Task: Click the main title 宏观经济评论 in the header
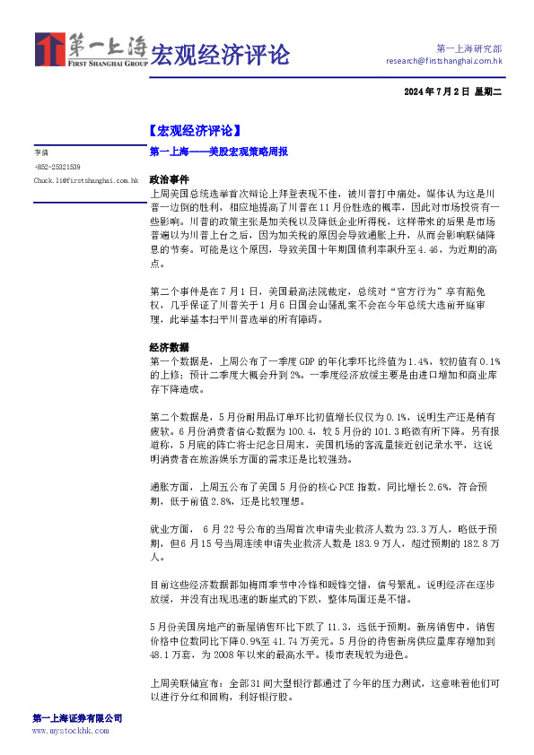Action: pos(220,55)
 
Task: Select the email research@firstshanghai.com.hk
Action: pos(443,61)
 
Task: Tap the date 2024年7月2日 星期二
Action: pos(455,92)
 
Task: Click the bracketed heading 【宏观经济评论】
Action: pos(194,131)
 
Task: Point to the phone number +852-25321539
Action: pos(57,167)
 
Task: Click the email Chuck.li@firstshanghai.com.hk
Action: pos(86,180)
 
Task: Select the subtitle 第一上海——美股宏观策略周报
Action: pos(218,152)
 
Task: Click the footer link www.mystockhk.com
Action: pos(70,731)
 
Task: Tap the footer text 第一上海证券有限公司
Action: pos(77,718)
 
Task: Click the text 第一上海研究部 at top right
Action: pos(468,48)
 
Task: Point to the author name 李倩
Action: pos(41,153)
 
